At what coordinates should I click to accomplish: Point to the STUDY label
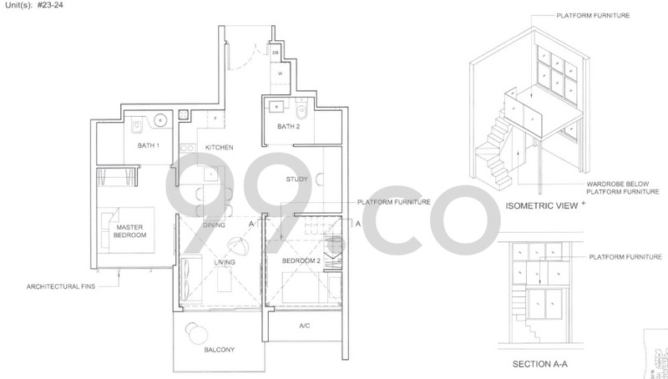point(297,179)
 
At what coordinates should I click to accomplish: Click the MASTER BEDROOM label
point(132,231)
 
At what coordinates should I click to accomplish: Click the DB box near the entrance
point(276,52)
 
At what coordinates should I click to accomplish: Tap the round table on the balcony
point(199,332)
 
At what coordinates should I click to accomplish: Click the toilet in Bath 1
point(135,126)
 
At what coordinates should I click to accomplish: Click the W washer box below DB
point(279,73)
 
